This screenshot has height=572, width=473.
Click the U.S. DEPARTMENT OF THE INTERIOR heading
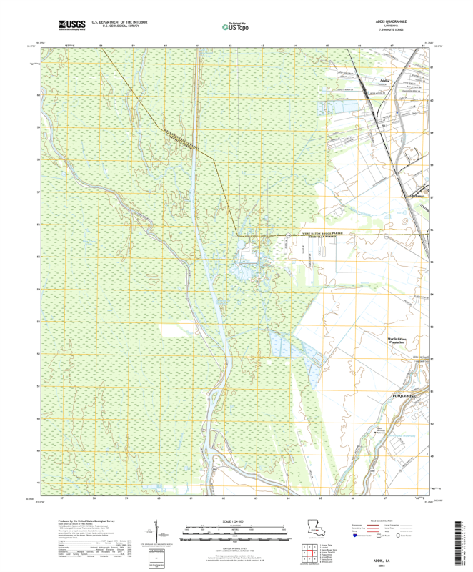115,22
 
